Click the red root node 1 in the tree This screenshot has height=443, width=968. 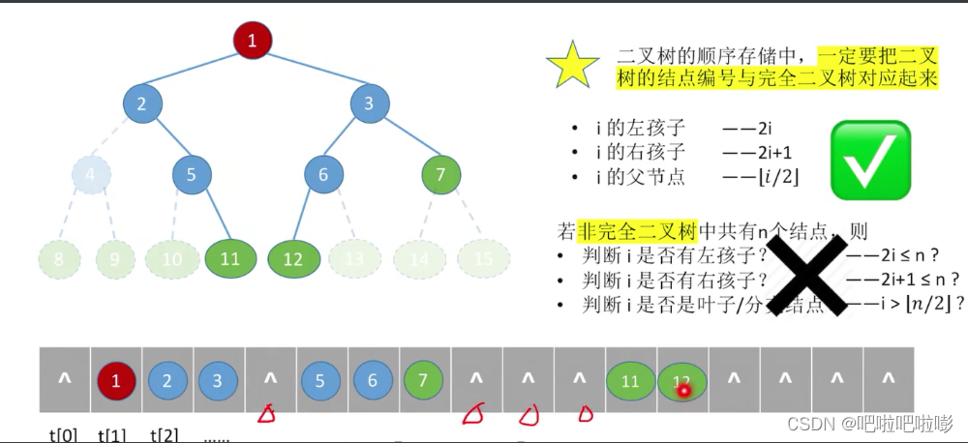pos(253,41)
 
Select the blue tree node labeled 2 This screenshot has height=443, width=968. pos(142,103)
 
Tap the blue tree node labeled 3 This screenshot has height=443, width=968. pos(369,103)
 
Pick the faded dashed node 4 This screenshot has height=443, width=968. pos(91,175)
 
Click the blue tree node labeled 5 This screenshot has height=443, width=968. pos(192,175)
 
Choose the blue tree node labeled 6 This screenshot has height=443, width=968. pos(323,175)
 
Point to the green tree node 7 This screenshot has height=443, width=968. pos(440,175)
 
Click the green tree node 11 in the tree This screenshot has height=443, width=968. pos(230,259)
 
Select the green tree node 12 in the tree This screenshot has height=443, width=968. pos(293,259)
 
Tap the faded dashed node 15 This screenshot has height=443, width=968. pos(483,259)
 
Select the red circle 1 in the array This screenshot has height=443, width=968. pos(116,381)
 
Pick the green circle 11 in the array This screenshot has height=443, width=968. pos(630,381)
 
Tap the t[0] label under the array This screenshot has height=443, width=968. pos(64,434)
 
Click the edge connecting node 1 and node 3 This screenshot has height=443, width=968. pos(311,72)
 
